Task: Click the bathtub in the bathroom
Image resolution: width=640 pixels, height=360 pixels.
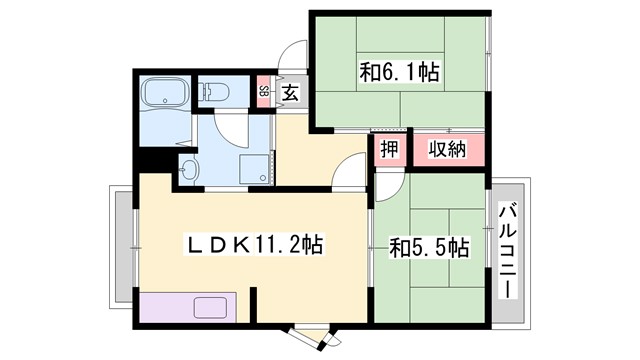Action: click(164, 95)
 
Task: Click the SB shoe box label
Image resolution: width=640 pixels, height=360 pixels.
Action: click(263, 93)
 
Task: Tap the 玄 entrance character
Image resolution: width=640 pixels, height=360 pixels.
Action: click(289, 93)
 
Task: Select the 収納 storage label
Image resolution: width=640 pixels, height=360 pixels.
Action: click(447, 149)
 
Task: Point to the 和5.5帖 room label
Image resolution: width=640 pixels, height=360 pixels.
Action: click(430, 246)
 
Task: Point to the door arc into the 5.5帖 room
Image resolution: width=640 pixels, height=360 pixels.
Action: click(391, 184)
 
